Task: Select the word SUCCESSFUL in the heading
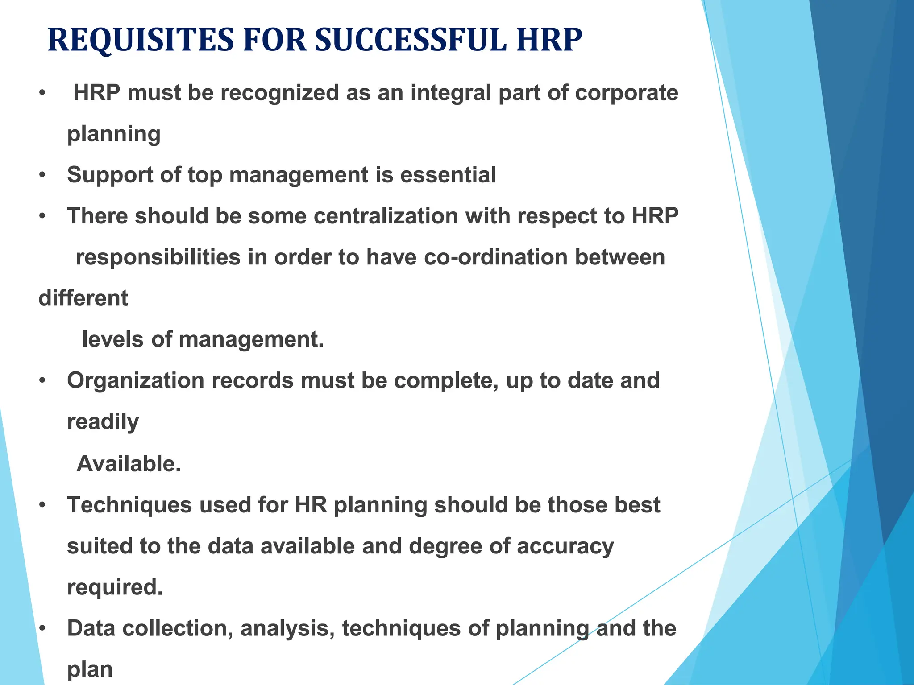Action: point(411,40)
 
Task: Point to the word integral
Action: point(451,93)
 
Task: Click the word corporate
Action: point(627,93)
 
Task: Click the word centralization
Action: point(386,216)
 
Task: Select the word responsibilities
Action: point(158,258)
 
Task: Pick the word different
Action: point(83,298)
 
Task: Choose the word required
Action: point(115,587)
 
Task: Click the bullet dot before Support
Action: point(42,175)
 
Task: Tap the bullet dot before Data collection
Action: point(42,629)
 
